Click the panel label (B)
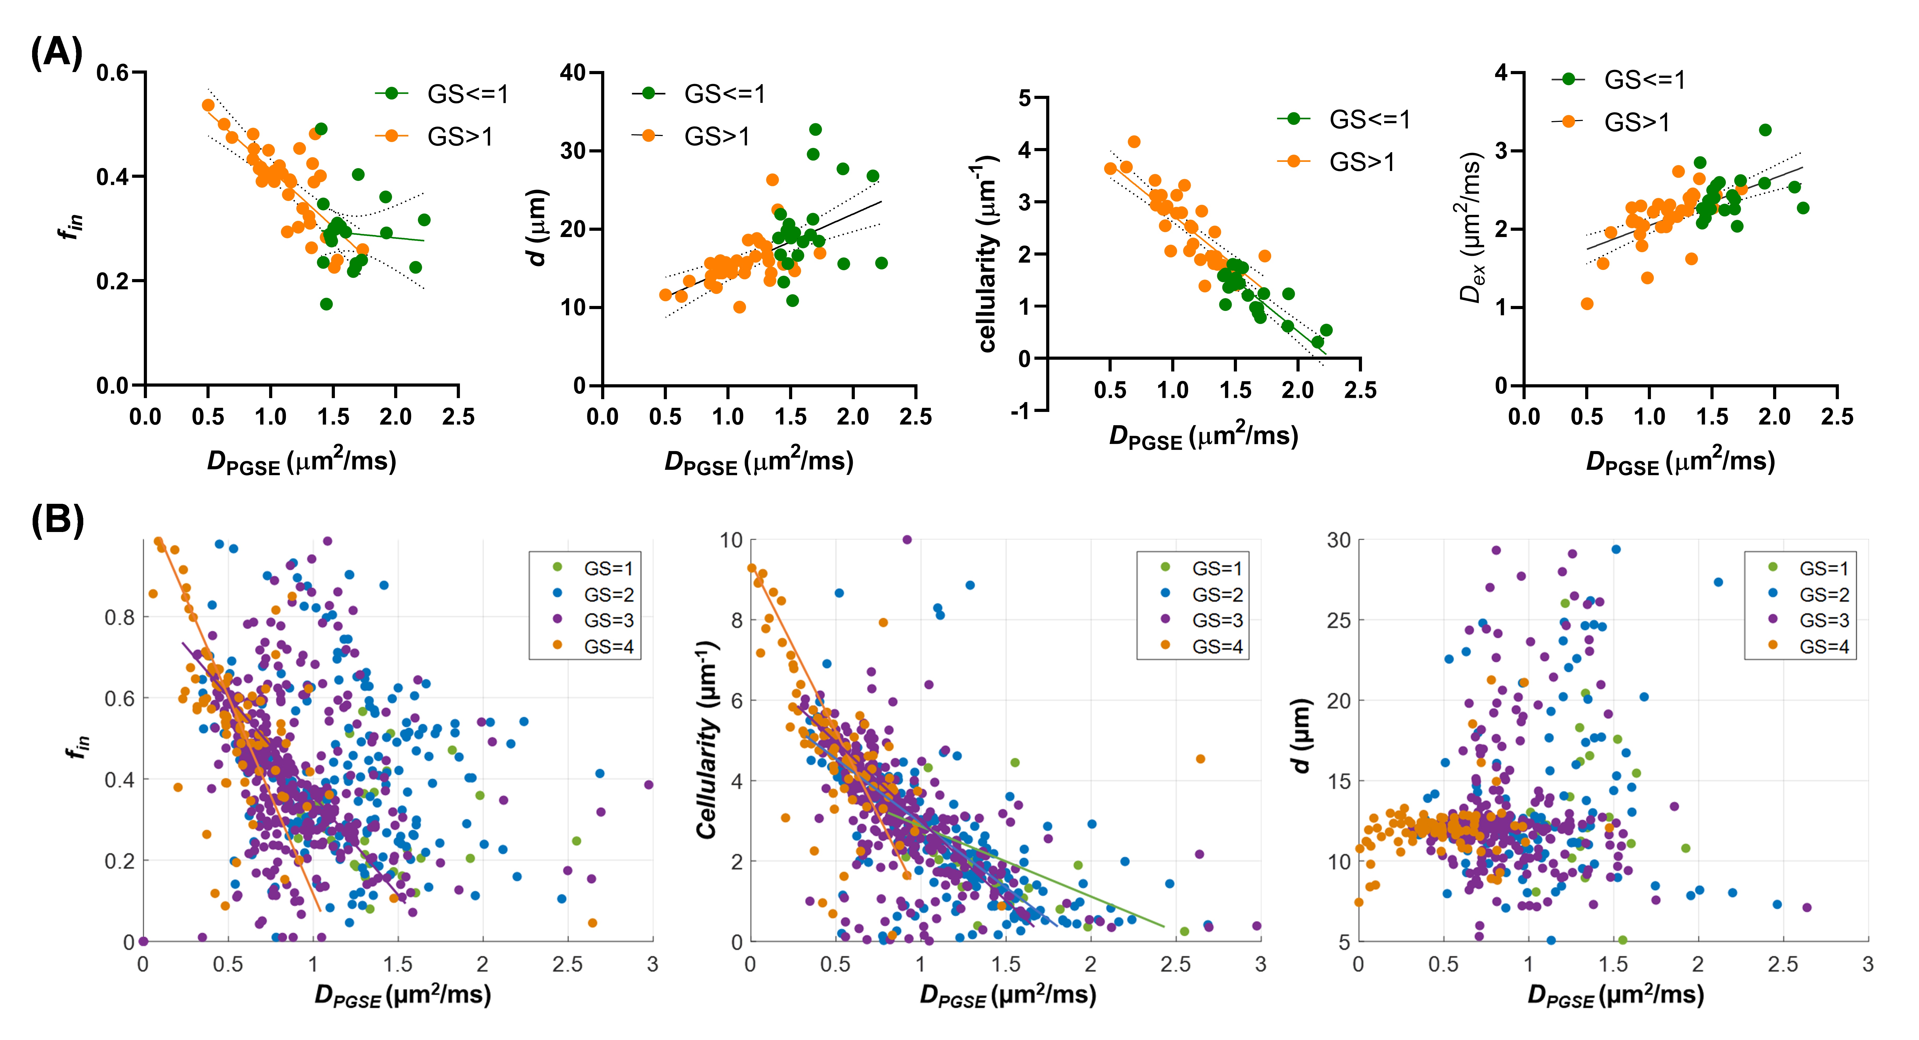click(57, 520)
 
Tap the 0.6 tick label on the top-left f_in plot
click(112, 73)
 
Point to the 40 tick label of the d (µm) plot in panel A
click(573, 73)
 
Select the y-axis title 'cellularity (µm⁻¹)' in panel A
click(987, 253)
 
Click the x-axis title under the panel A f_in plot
click(302, 462)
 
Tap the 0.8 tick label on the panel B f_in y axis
click(119, 618)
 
